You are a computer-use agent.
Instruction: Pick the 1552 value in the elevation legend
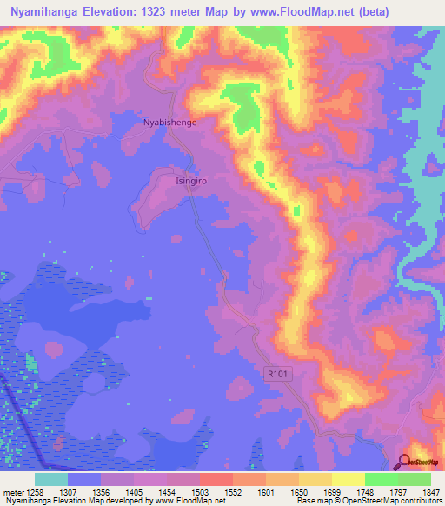234,491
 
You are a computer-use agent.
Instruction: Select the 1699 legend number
332,491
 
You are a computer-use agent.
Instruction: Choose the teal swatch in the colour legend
50,479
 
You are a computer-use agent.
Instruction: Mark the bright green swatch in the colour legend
381,479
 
